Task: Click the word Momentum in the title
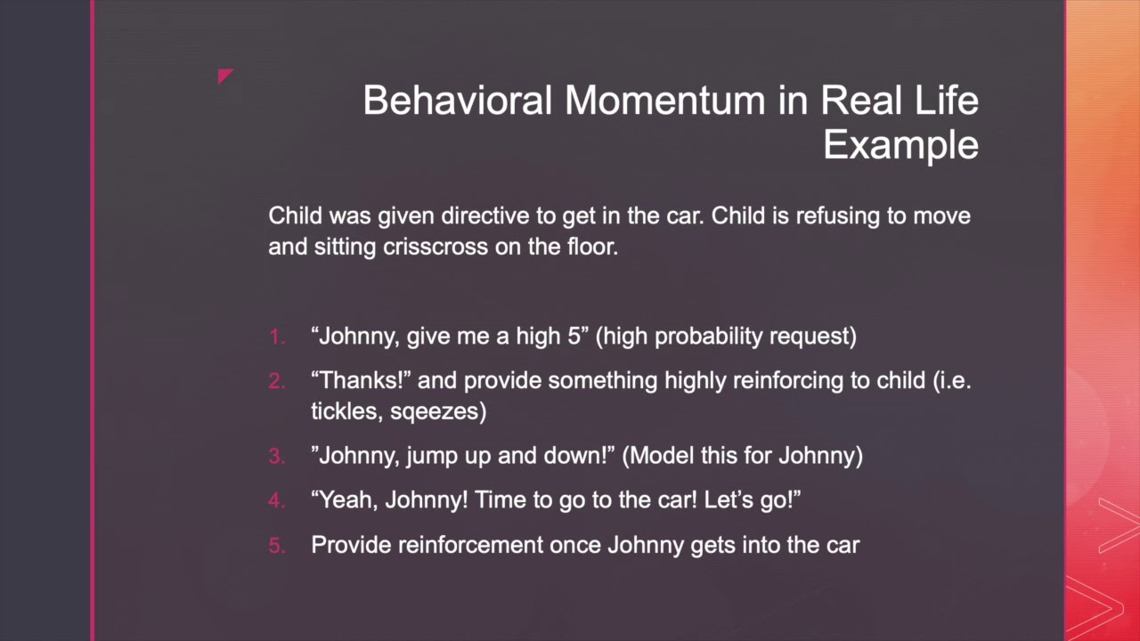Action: pyautogui.click(x=664, y=100)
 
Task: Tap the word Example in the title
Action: pyautogui.click(x=900, y=144)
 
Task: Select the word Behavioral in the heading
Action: pyautogui.click(x=458, y=100)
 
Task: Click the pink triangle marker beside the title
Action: pyautogui.click(x=225, y=77)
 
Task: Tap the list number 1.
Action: pyautogui.click(x=277, y=337)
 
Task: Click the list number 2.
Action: pyautogui.click(x=277, y=381)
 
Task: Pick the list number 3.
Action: pyautogui.click(x=277, y=457)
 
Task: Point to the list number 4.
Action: pyautogui.click(x=277, y=501)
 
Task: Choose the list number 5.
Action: pyautogui.click(x=277, y=546)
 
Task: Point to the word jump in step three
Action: pyautogui.click(x=431, y=457)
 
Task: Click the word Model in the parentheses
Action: pyautogui.click(x=658, y=457)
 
